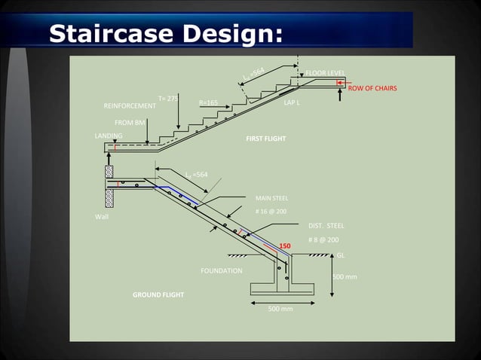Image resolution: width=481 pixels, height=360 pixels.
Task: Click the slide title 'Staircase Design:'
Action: (x=165, y=33)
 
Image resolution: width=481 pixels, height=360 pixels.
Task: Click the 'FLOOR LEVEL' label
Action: (x=325, y=73)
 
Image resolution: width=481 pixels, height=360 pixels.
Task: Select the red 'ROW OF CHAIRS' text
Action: (x=372, y=88)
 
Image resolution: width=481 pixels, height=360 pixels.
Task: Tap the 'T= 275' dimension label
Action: (x=168, y=99)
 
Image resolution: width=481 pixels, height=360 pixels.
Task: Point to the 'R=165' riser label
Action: (x=208, y=102)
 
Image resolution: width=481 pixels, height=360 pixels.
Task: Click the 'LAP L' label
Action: (x=292, y=102)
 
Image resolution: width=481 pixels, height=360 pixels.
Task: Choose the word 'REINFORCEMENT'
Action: (x=130, y=106)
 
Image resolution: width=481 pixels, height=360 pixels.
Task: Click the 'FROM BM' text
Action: (x=130, y=121)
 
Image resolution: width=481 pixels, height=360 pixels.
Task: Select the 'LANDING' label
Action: (x=109, y=136)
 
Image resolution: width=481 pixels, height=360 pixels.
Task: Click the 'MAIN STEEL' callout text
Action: (x=271, y=198)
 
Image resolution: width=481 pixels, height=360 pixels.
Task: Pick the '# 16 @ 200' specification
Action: (x=271, y=211)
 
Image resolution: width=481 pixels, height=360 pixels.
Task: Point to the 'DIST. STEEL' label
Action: (x=326, y=225)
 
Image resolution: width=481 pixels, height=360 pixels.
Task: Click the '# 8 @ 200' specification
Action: (x=323, y=239)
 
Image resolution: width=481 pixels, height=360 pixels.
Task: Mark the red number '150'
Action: (x=285, y=246)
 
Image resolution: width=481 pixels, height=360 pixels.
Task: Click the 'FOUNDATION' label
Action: (x=222, y=270)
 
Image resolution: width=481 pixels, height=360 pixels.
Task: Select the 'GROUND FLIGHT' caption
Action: (x=158, y=294)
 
